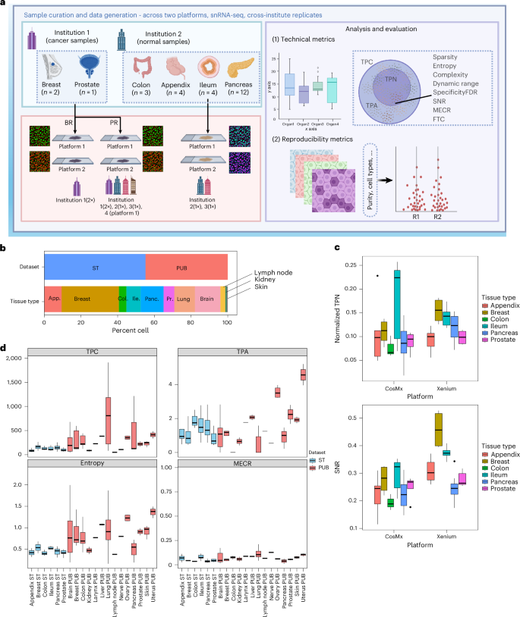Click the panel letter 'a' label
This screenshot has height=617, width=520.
tap(5, 5)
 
